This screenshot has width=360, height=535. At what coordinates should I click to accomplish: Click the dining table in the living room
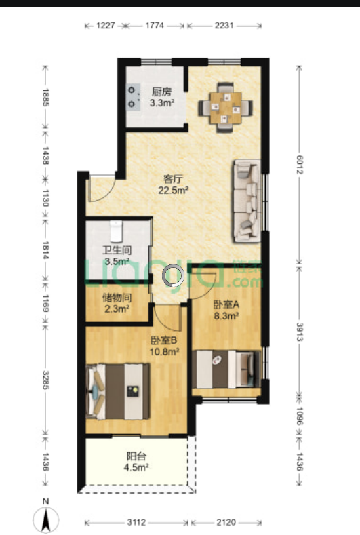[x=226, y=108]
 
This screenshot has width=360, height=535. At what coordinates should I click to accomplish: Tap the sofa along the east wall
[x=247, y=201]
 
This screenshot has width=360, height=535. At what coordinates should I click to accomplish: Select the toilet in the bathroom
[x=116, y=231]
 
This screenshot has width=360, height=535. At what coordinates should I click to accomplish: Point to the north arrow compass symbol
[x=46, y=519]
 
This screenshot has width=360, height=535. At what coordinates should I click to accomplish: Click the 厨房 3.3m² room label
[x=162, y=97]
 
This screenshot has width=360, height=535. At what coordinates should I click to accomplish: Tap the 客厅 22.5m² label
[x=174, y=184]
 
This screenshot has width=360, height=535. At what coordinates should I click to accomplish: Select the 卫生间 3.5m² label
[x=117, y=256]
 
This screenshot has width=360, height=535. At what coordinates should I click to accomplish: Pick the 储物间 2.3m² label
[x=117, y=303]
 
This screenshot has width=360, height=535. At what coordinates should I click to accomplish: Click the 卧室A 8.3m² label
[x=226, y=310]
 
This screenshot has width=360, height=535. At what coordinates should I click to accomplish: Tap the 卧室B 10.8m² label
[x=165, y=346]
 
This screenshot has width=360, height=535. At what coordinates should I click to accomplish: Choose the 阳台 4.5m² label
[x=136, y=462]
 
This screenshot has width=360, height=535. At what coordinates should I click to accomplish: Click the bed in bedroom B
[x=118, y=392]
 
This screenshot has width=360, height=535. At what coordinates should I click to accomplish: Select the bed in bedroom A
[x=226, y=369]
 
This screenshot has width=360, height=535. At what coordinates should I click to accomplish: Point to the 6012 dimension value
[x=299, y=165]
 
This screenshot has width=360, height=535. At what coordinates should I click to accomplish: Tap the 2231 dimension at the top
[x=224, y=26]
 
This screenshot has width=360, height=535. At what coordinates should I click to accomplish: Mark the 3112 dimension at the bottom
[x=136, y=522]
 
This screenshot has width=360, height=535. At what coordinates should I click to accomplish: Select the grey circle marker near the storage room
[x=173, y=275]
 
